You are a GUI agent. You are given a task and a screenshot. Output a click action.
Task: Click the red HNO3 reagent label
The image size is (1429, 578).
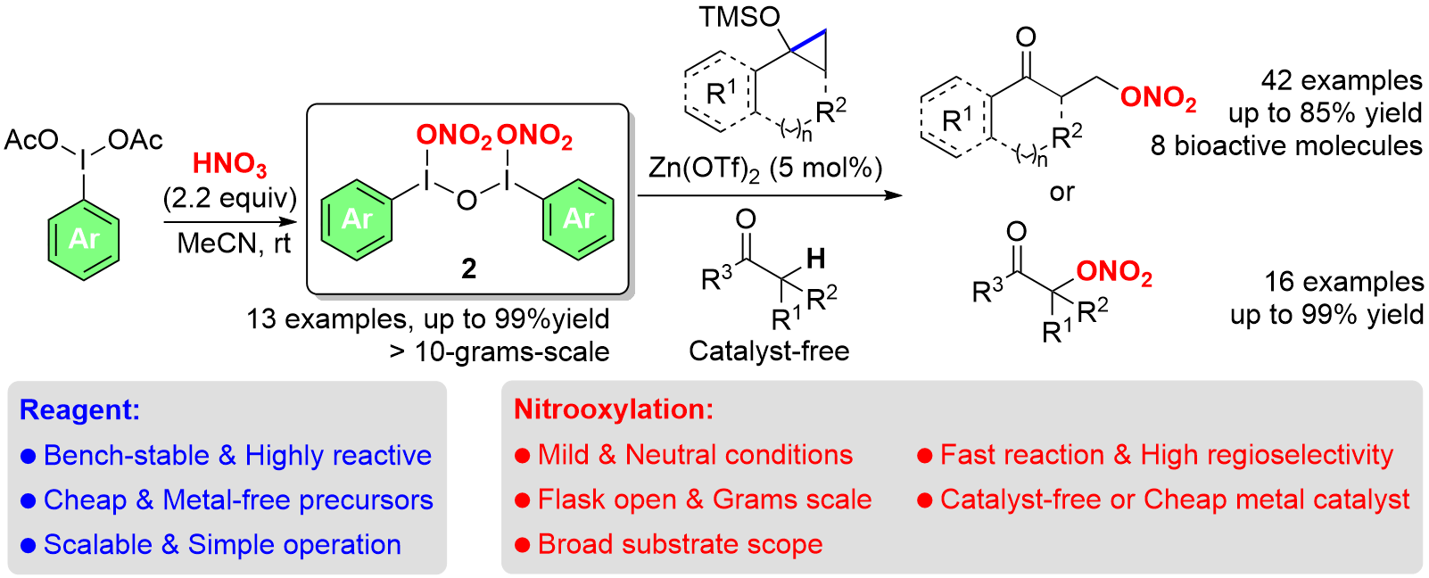tap(229, 164)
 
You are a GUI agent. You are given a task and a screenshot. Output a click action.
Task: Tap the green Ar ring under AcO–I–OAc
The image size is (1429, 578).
tap(84, 239)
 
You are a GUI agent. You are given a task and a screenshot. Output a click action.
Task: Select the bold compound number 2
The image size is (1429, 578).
tap(468, 268)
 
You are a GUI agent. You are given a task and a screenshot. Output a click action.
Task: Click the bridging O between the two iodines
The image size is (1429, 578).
tap(467, 201)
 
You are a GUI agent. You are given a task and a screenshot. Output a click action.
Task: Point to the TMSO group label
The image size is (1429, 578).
tap(739, 17)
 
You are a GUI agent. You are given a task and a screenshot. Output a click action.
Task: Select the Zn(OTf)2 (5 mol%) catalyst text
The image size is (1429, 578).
tap(765, 169)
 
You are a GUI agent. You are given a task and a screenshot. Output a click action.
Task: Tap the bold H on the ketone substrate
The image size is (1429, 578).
tap(815, 259)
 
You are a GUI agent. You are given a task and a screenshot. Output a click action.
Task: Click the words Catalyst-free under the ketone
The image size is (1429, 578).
tap(769, 351)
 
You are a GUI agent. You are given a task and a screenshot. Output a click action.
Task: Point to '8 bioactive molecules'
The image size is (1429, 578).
tap(1286, 145)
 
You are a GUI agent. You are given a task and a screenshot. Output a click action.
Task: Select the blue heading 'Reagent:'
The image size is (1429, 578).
tap(79, 409)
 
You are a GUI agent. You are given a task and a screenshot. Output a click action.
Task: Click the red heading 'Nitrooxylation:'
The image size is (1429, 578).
tap(614, 409)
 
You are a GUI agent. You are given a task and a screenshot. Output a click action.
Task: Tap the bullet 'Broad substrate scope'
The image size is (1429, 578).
tap(680, 544)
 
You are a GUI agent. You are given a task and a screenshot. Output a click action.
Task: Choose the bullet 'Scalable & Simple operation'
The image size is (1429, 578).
tap(222, 544)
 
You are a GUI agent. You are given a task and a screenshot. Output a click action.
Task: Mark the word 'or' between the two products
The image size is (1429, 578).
tap(1061, 192)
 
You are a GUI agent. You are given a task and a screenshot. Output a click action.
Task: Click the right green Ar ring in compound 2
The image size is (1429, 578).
tap(578, 219)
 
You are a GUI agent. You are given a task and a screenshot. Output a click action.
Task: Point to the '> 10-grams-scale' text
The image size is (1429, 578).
tap(500, 351)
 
